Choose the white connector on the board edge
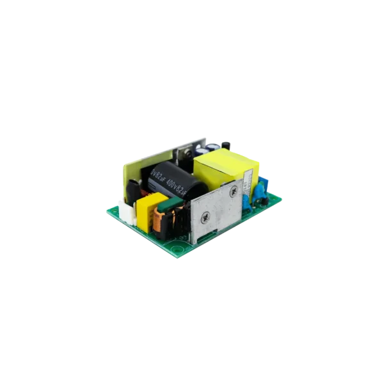point(127,215)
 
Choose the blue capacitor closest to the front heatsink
point(247,202)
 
